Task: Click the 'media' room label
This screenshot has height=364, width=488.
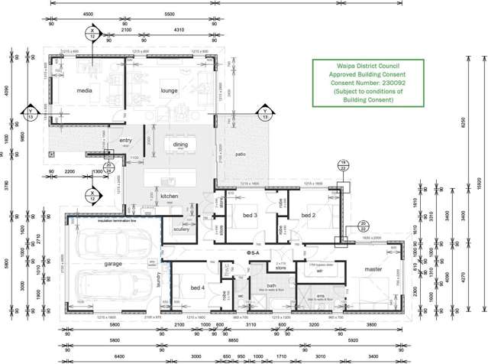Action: click(84, 90)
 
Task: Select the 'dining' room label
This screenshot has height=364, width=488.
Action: click(180, 144)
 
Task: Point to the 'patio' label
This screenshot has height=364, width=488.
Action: click(241, 154)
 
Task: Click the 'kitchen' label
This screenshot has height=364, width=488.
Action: click(169, 197)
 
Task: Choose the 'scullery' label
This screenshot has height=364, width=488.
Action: click(181, 229)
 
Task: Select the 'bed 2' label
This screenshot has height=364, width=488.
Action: click(309, 216)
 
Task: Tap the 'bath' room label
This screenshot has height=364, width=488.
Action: click(271, 286)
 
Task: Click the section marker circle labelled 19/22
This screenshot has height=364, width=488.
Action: click(343, 166)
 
